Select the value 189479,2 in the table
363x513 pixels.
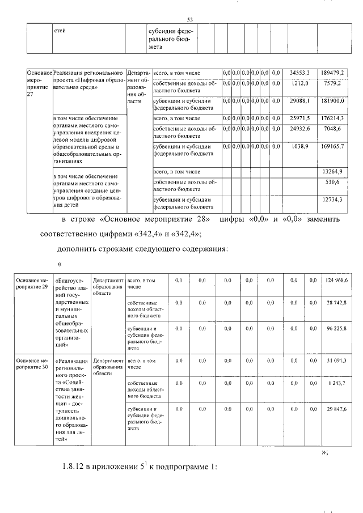click(330, 73)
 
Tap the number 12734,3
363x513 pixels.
click(332, 200)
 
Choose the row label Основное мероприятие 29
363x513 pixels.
click(31, 283)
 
